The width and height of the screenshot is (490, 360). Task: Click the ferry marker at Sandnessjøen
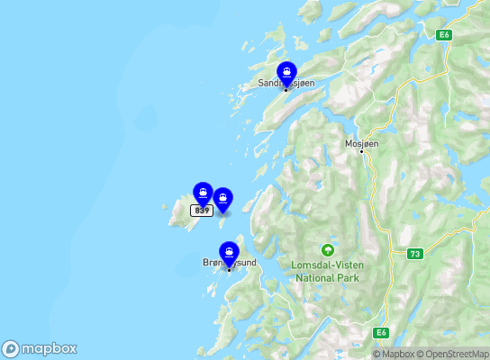286,72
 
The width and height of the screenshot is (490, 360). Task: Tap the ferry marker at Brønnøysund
229,252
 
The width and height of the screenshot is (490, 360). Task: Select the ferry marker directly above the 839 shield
203,193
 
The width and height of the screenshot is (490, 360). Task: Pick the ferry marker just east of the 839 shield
222,199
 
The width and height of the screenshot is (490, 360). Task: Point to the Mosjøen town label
362,143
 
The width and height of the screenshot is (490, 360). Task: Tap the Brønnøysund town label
229,263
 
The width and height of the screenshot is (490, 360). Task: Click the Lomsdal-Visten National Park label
327,271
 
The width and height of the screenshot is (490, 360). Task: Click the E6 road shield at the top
443,35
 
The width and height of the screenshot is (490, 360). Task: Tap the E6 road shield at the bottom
383,333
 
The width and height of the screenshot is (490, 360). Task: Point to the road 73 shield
413,255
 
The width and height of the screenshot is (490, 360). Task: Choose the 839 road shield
201,211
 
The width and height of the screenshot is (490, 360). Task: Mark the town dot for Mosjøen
362,152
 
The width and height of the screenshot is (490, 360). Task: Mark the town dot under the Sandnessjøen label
286,90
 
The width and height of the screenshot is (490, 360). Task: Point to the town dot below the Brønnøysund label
229,270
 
